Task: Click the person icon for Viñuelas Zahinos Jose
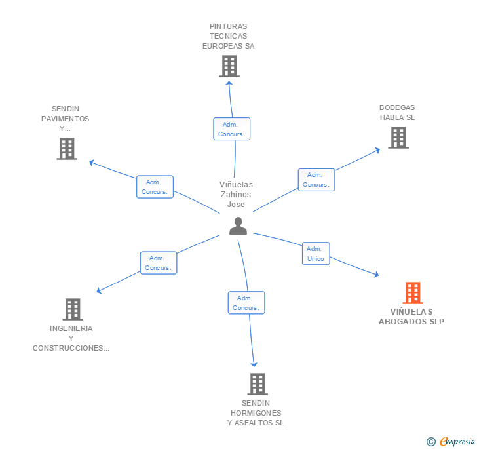click(238, 226)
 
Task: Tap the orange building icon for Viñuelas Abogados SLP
click(412, 292)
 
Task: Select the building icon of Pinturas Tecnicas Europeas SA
click(229, 66)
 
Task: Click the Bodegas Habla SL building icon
click(398, 138)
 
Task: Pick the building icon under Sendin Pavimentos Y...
click(67, 149)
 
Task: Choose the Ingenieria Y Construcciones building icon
click(73, 309)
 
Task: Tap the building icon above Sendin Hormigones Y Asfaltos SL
click(258, 383)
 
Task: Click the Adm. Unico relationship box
click(316, 254)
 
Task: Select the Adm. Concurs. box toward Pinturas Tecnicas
click(231, 129)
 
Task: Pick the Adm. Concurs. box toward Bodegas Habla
click(316, 180)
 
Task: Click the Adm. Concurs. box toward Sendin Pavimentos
click(155, 187)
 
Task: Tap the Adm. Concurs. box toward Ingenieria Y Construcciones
click(159, 263)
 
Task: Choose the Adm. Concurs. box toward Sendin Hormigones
click(246, 303)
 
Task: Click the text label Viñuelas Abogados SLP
click(411, 317)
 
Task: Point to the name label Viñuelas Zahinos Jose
click(236, 195)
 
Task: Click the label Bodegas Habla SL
click(397, 113)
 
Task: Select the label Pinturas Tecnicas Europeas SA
click(229, 37)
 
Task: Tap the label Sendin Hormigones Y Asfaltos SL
click(256, 413)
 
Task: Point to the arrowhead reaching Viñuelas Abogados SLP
click(376, 275)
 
